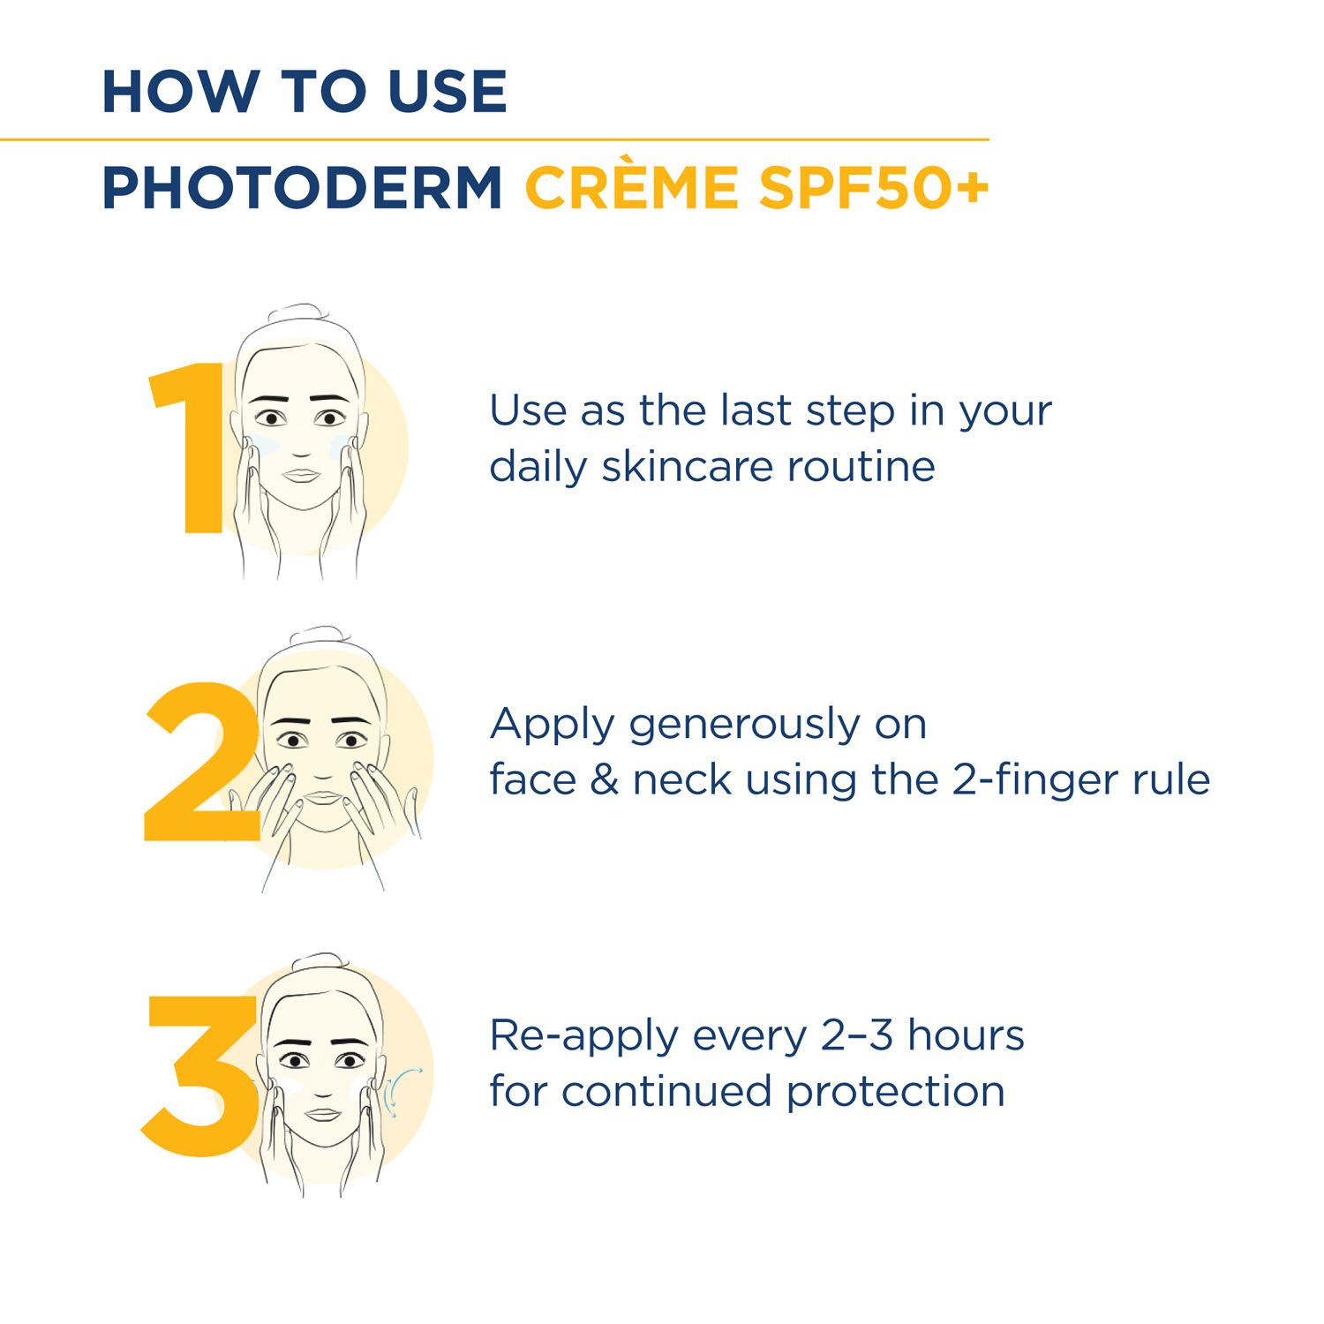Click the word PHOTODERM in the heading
[x=302, y=188]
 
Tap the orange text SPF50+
[x=874, y=188]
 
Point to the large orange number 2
[x=202, y=761]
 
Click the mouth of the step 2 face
[x=324, y=797]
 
